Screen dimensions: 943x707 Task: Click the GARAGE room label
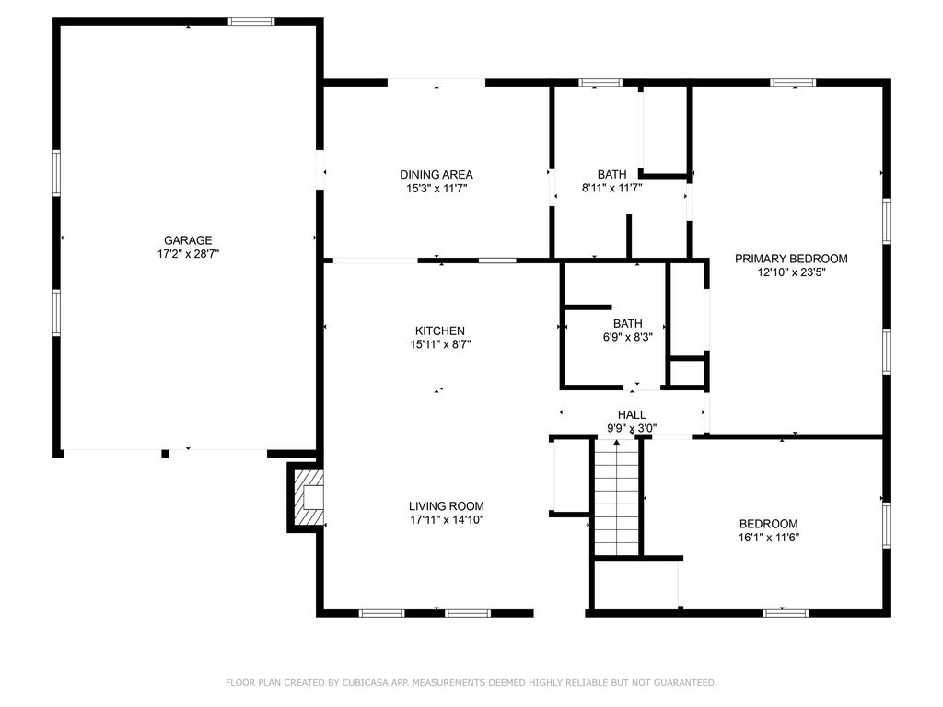coord(188,240)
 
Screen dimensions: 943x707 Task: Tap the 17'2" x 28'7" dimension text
coord(188,254)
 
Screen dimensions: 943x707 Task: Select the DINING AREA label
coord(436,175)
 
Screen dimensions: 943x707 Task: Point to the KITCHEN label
coord(439,330)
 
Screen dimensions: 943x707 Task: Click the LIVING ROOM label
coord(447,506)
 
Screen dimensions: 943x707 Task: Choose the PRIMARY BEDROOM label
coord(791,259)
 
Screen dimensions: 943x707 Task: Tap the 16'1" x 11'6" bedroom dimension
coord(769,538)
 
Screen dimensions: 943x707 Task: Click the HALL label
coord(632,415)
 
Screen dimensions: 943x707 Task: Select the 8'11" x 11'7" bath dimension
coord(611,188)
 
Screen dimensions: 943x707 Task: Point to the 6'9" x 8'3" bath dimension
coord(628,337)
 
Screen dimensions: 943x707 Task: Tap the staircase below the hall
coord(616,498)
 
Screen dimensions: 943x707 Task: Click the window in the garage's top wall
coord(251,22)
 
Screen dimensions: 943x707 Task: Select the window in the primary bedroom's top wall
coord(793,82)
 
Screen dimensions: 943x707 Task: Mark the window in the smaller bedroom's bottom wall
coord(786,613)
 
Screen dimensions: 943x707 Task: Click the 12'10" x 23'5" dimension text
coord(791,272)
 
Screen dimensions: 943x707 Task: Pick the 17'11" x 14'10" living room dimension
coord(447,520)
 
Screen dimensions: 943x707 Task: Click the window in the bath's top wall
coord(600,82)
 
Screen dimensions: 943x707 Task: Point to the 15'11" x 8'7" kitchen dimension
coord(439,344)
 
